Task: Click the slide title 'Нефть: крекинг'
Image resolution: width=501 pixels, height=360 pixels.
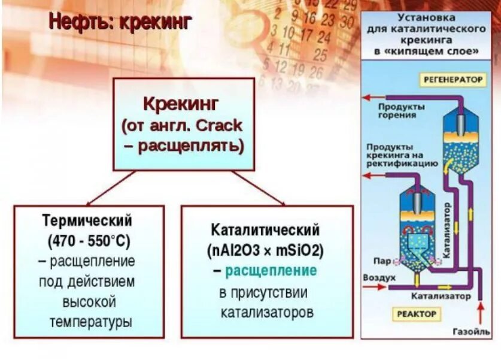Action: point(120,23)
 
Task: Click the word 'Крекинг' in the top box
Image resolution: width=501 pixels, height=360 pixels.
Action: point(183,104)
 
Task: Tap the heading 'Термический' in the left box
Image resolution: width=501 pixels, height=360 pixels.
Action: point(87,220)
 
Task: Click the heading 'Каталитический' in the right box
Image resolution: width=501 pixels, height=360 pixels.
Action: point(265,230)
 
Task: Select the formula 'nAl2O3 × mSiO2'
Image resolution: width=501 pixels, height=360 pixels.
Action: point(265,250)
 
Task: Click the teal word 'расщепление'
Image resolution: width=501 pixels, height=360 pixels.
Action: point(271,271)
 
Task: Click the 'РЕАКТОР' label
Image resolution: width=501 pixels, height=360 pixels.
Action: point(417,313)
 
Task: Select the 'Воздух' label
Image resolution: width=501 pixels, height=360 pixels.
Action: point(379,278)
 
